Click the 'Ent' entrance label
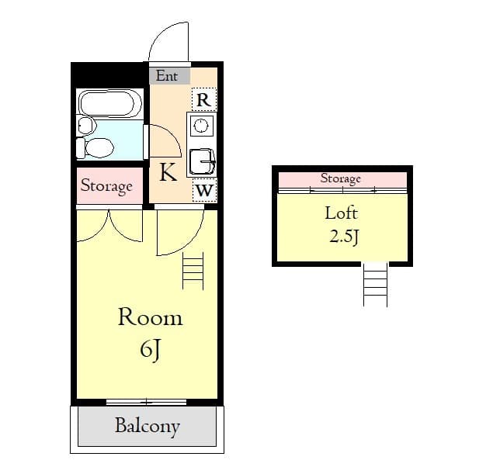(167, 75)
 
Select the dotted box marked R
(203, 99)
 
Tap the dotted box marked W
(203, 189)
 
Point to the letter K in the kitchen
(168, 172)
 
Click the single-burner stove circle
(202, 126)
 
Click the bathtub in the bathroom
(109, 102)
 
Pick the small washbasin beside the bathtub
(85, 124)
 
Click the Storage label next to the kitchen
(106, 187)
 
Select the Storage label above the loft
(341, 178)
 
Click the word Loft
(341, 213)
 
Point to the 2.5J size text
(343, 237)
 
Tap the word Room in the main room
(150, 317)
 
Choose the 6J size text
(150, 350)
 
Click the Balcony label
(148, 426)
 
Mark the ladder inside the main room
(193, 271)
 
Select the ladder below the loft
(375, 284)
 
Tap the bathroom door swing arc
(165, 142)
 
